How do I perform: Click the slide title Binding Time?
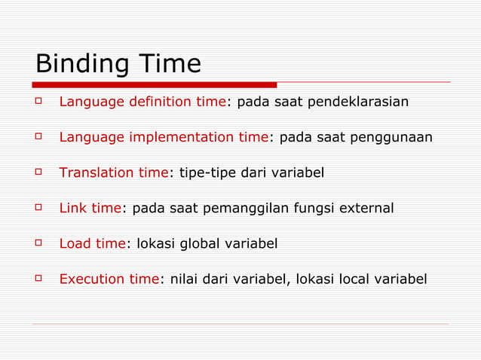tap(118, 63)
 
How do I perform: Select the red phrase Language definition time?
tap(142, 102)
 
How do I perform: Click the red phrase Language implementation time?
tap(164, 137)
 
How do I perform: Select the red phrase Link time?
tap(90, 208)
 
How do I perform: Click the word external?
tap(366, 208)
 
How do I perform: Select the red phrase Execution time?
tap(109, 279)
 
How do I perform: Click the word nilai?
tap(179, 279)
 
